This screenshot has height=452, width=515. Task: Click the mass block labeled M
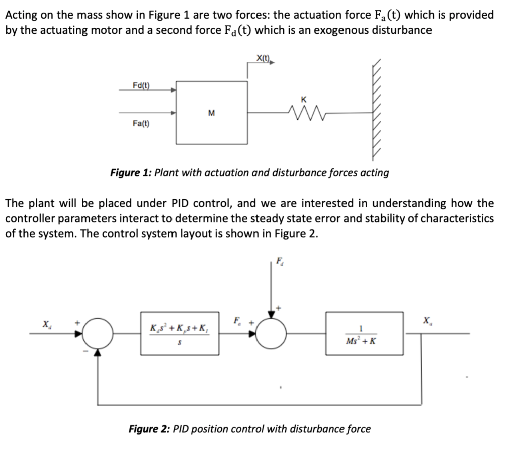[x=211, y=112]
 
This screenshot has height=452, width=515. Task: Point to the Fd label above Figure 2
[x=280, y=261]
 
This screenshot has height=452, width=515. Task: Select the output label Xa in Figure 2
[x=427, y=320]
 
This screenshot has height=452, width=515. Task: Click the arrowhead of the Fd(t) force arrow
[x=173, y=91]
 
